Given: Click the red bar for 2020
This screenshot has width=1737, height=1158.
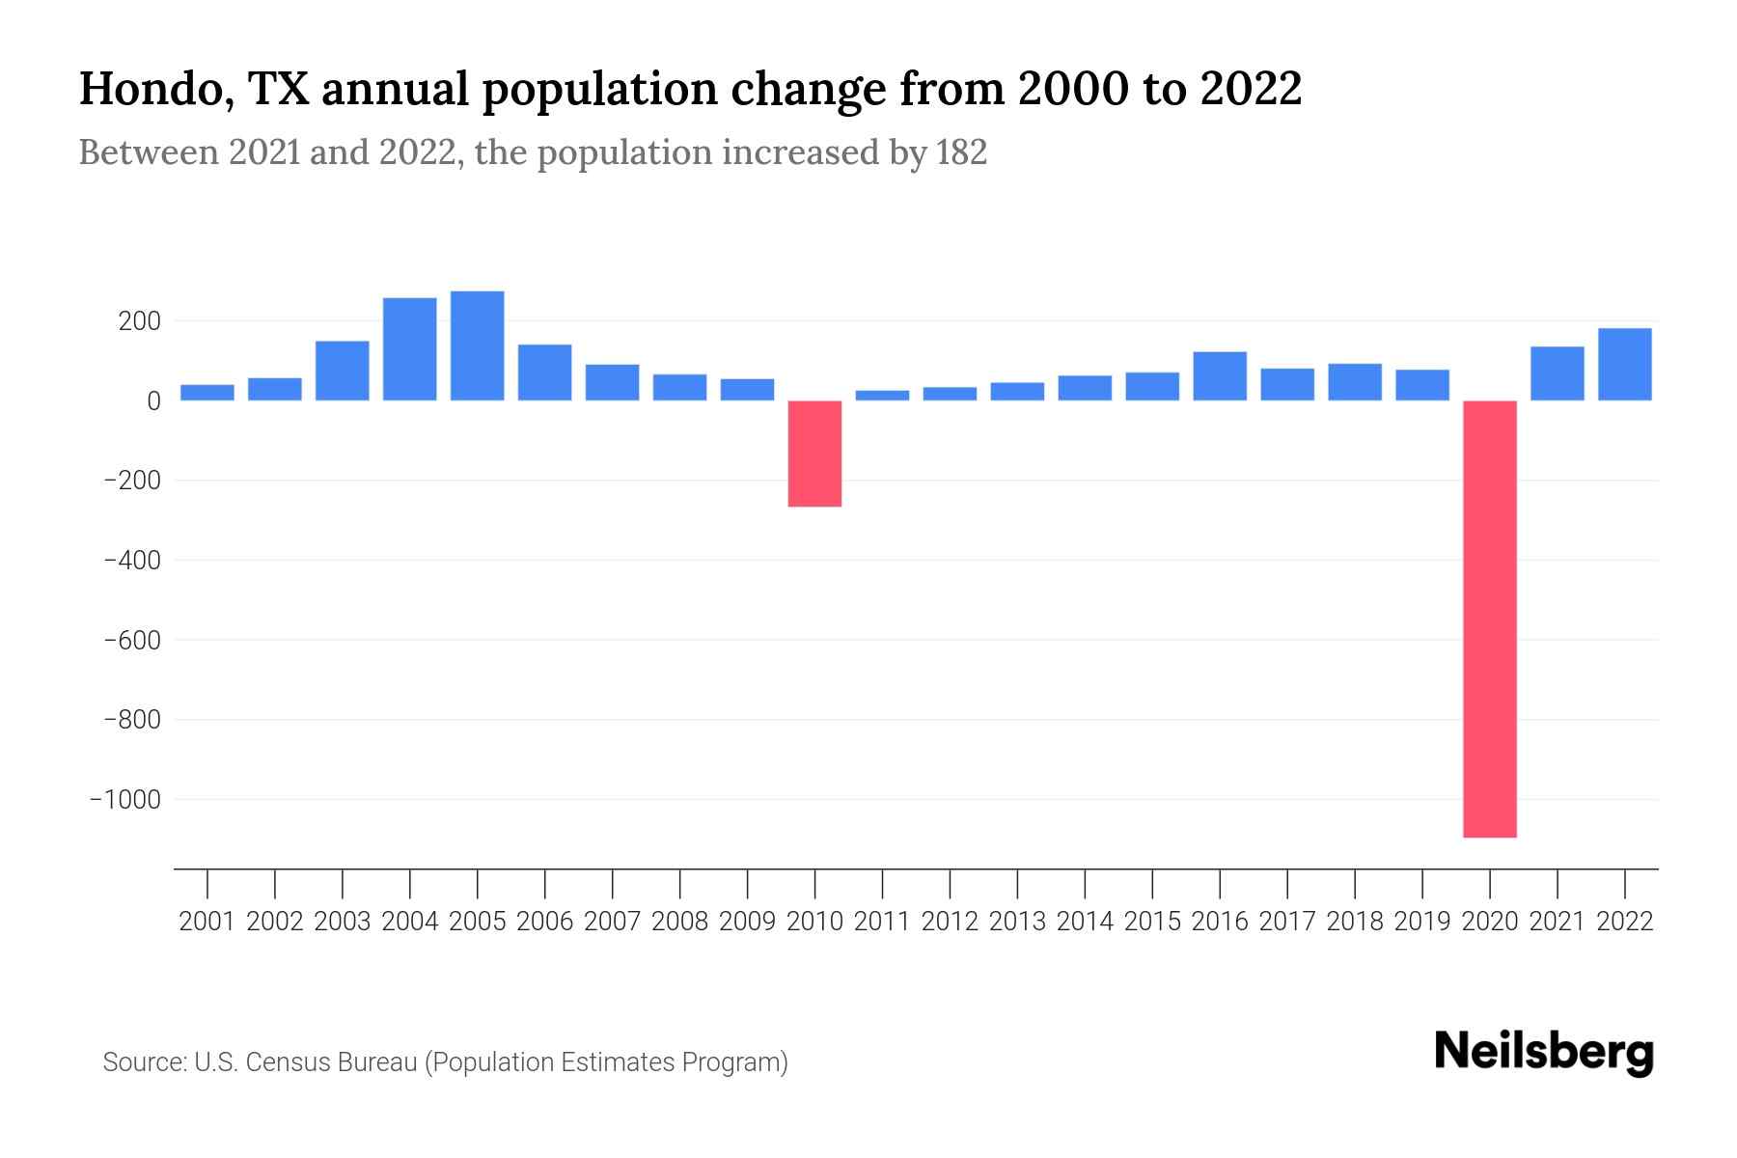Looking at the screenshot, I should [1490, 618].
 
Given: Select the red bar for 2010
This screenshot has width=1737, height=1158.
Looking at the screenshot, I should [814, 453].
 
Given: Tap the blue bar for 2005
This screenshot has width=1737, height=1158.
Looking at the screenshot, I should [477, 345].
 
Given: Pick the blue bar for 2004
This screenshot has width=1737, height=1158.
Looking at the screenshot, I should [409, 348].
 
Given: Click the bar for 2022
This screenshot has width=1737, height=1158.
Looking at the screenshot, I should [1624, 364].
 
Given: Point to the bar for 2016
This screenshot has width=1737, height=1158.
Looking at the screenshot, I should [1220, 375].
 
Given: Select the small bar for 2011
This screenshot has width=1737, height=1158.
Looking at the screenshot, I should [882, 395].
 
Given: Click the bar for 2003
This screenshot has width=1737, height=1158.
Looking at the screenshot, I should [342, 370].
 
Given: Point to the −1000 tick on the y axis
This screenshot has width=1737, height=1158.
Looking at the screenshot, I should [125, 799].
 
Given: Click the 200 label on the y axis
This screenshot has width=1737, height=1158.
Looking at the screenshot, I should [139, 320].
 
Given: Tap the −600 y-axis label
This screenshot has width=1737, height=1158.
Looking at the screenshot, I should [131, 640].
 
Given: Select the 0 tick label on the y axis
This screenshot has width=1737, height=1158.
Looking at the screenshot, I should [153, 400].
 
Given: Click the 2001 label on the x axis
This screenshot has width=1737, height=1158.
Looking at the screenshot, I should [207, 922].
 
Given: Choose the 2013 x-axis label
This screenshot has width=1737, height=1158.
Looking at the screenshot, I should [1017, 922].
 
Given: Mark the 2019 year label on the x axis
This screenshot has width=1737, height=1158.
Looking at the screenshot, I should [1422, 922].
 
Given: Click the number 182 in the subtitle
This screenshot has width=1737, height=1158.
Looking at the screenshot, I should [961, 152].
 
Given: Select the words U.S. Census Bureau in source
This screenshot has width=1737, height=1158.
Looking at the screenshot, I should [306, 1062].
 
